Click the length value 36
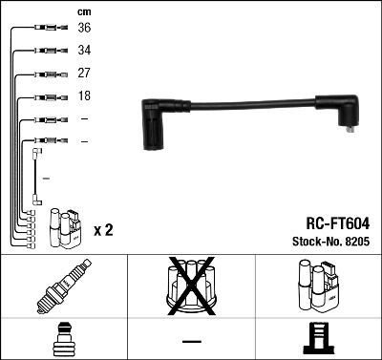point(84,28)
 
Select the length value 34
point(84,51)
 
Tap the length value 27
point(84,74)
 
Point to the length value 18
point(84,96)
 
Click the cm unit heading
point(84,11)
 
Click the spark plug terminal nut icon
point(63,337)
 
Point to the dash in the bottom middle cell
point(190,339)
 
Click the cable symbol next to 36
point(45,29)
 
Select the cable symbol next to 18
point(45,97)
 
